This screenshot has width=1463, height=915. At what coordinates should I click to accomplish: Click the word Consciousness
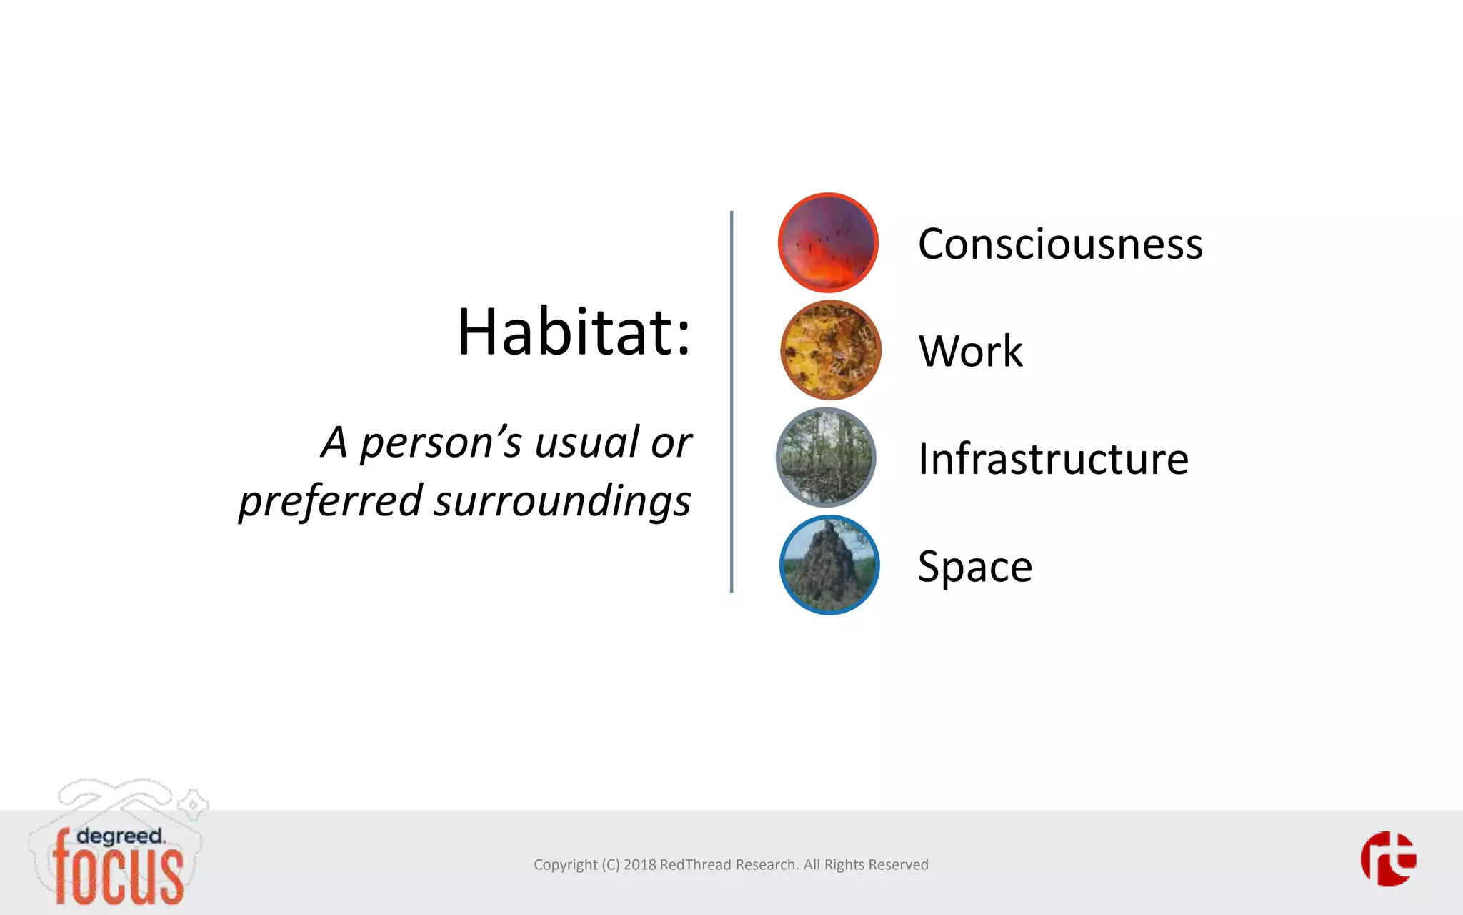[x=1060, y=244]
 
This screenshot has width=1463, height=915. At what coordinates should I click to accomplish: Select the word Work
[x=970, y=352]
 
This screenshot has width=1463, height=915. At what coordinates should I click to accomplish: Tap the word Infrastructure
[x=1053, y=459]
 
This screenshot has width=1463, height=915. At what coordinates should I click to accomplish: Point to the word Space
[x=974, y=567]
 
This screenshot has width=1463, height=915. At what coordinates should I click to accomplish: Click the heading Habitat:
[x=574, y=332]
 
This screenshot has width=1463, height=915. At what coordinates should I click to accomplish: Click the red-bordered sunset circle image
[x=828, y=242]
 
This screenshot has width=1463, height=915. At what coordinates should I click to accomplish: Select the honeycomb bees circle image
[x=830, y=350]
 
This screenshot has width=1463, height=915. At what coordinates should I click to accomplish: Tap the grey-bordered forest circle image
[x=827, y=457]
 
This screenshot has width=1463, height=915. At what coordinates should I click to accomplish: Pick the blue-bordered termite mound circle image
[x=829, y=565]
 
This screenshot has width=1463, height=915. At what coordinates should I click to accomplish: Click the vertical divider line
[x=731, y=400]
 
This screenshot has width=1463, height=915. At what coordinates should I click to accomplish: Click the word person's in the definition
[x=441, y=443]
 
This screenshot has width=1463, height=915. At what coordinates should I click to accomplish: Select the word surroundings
[x=562, y=500]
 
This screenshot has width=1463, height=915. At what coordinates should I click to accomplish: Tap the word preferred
[x=331, y=502]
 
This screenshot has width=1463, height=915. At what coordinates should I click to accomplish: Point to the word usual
[x=586, y=442]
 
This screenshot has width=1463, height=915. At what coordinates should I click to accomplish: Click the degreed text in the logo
[x=119, y=836]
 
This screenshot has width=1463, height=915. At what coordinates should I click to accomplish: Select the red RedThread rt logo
[x=1388, y=859]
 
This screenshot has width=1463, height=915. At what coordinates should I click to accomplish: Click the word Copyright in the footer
[x=565, y=865]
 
